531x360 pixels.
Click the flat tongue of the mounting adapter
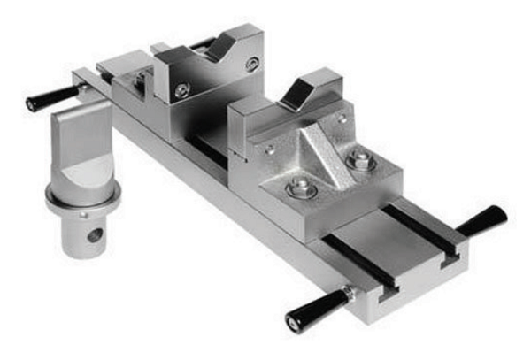pyautogui.click(x=82, y=142)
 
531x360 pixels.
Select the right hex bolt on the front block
pyautogui.click(x=360, y=161)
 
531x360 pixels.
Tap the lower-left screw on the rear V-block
pyautogui.click(x=181, y=90)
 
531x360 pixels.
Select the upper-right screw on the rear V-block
pyautogui.click(x=253, y=62)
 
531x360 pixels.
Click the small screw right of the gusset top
pyautogui.click(x=342, y=115)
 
